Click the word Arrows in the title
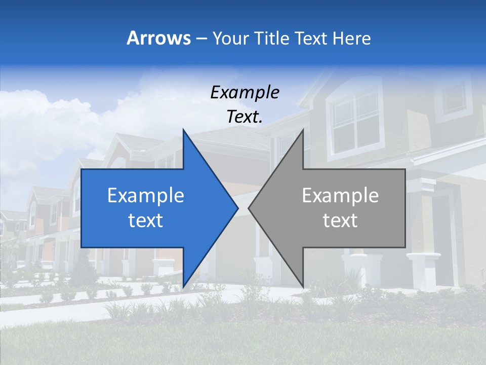pyautogui.click(x=158, y=38)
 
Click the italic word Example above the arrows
pyautogui.click(x=245, y=93)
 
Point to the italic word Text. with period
pyautogui.click(x=245, y=117)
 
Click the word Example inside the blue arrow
pyautogui.click(x=146, y=196)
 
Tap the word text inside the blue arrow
pyautogui.click(x=146, y=221)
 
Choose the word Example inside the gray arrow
pyautogui.click(x=340, y=196)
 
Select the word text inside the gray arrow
pyautogui.click(x=340, y=221)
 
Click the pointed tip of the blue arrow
pyautogui.click(x=237, y=208)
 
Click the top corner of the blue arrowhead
pyautogui.click(x=183, y=131)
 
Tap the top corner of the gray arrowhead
pyautogui.click(x=303, y=131)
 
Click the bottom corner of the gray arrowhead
pyautogui.click(x=303, y=285)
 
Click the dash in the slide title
pyautogui.click(x=201, y=39)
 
